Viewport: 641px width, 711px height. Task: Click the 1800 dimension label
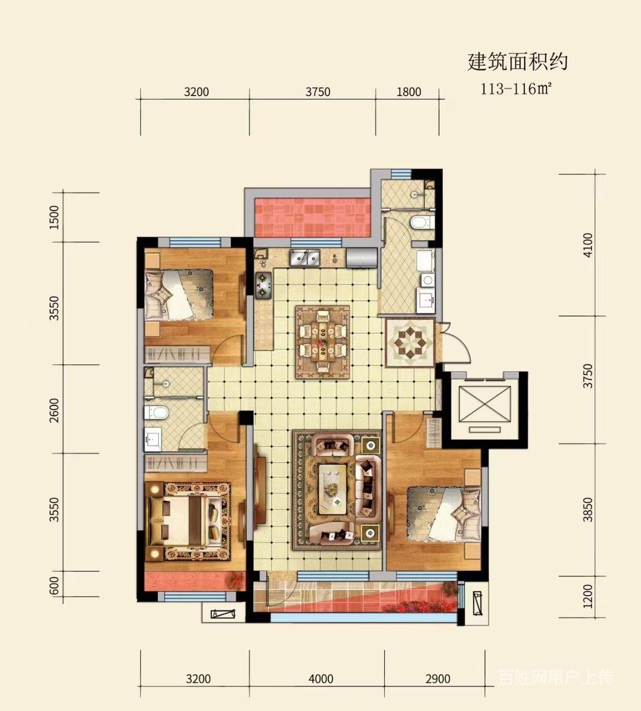click(x=409, y=92)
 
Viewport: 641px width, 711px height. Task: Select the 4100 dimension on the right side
click(x=588, y=246)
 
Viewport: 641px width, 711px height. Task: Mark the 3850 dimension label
click(x=588, y=509)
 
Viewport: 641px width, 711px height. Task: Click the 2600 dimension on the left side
click(x=54, y=410)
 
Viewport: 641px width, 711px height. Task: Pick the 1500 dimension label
click(x=54, y=217)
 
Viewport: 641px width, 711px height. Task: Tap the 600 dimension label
click(x=54, y=587)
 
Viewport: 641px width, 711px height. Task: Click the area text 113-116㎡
click(x=516, y=89)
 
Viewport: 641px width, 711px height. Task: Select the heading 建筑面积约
click(x=518, y=62)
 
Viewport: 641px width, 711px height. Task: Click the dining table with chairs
click(x=322, y=342)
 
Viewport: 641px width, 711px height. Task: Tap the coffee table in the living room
click(x=333, y=489)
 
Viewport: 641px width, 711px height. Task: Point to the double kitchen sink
click(x=305, y=257)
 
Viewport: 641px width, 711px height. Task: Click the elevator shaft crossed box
click(x=485, y=404)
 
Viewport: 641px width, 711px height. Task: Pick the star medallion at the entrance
click(x=410, y=342)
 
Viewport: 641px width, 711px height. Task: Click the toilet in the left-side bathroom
click(x=156, y=413)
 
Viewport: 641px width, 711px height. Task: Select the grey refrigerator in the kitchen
click(x=362, y=257)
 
